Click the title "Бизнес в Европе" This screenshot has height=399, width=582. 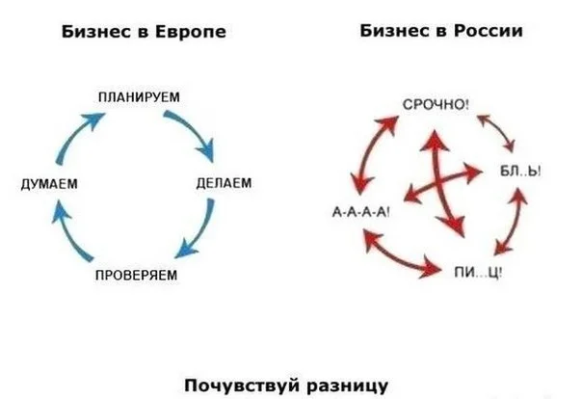tap(144, 32)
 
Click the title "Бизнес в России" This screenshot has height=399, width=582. tap(441, 32)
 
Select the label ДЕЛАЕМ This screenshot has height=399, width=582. tap(224, 181)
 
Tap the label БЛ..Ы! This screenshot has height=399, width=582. tap(519, 171)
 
